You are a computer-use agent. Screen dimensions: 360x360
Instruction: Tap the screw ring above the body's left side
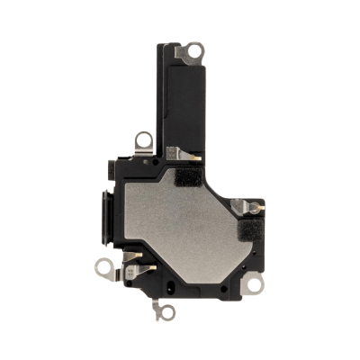(143, 139)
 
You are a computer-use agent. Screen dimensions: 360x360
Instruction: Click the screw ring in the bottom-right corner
(255, 285)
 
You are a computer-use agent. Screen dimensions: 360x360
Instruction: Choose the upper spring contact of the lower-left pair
(131, 256)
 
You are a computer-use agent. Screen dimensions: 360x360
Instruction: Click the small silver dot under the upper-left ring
(144, 154)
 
